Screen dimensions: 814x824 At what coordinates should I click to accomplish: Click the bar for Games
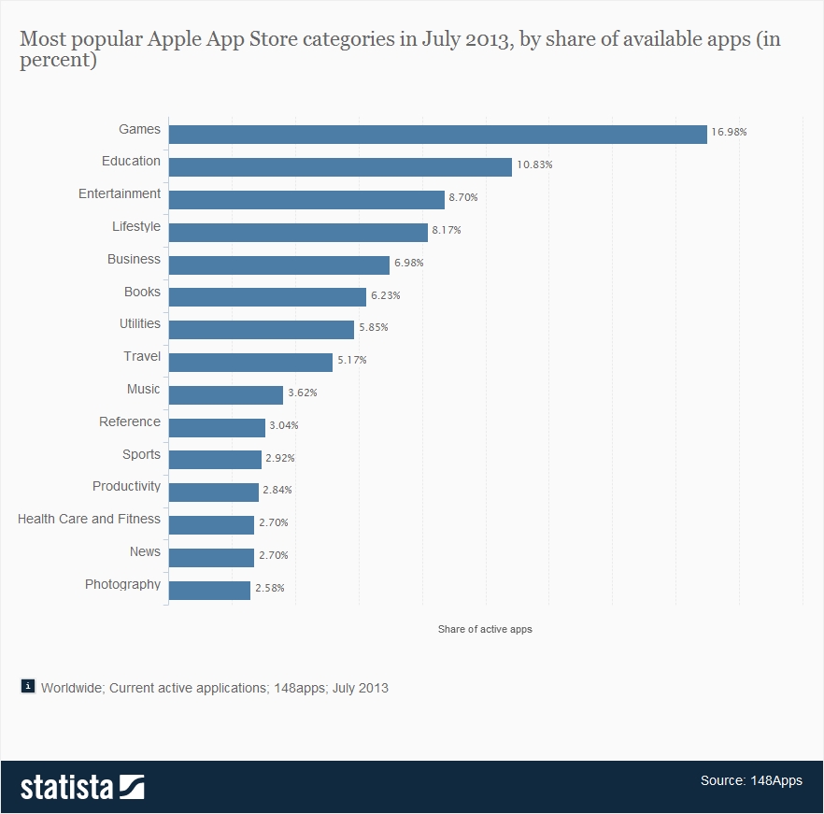pos(437,134)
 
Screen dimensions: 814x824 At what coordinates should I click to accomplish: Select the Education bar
pos(340,166)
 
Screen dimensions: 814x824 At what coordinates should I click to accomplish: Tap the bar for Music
pos(225,394)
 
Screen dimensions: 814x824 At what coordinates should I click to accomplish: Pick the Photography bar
pos(209,590)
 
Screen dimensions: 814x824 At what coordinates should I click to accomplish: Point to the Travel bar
pos(250,362)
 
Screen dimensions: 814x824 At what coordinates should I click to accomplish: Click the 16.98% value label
pos(729,133)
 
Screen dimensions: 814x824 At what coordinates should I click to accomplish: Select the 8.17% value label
pos(446,230)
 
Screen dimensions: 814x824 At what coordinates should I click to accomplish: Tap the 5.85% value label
pos(373,328)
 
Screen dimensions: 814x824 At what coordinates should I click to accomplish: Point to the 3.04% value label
pos(284,425)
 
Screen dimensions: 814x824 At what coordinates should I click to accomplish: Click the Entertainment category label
pos(120,193)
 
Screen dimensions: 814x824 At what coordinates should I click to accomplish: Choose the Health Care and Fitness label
pos(89,519)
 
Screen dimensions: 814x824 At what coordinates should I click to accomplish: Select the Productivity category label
pos(126,486)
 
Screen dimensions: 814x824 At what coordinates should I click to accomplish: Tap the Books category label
pos(142,292)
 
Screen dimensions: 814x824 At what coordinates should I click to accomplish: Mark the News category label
pos(145,551)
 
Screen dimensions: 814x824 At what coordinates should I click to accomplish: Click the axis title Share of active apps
pos(485,629)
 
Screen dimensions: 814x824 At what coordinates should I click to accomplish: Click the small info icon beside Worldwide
pos(28,686)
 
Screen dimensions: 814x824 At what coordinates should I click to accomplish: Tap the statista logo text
pos(66,787)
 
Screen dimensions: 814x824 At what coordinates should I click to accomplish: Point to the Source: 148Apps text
pos(750,780)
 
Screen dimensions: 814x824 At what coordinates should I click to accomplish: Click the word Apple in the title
pos(177,40)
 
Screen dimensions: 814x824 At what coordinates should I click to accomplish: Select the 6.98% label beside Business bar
pos(408,263)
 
